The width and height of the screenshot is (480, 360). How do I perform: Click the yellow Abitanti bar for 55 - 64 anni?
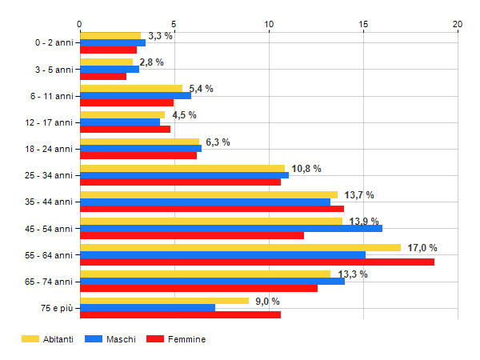coord(240,248)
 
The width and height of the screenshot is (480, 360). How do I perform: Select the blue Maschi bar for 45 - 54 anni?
coord(230,228)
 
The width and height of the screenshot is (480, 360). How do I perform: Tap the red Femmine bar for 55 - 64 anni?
coord(257,262)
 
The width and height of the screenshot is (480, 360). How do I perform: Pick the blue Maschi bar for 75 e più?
coord(147,307)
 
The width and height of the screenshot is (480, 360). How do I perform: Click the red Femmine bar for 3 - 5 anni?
coord(103,77)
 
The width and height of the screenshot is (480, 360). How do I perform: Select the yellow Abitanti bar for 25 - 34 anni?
coord(182,169)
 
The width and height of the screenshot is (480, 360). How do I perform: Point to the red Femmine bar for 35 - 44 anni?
coord(212,209)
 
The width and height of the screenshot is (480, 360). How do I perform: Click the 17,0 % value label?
coord(422,248)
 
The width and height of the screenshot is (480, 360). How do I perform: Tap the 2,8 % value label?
coord(151,62)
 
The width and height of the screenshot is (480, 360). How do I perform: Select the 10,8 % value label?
coord(306,169)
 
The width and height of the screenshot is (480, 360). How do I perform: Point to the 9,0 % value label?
coord(267,301)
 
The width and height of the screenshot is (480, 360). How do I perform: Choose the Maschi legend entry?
coord(111,339)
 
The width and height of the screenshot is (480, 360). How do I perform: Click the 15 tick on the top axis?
coord(363,25)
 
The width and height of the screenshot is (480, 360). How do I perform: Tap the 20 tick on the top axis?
coord(458,25)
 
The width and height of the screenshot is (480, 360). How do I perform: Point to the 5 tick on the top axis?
coord(174,25)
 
